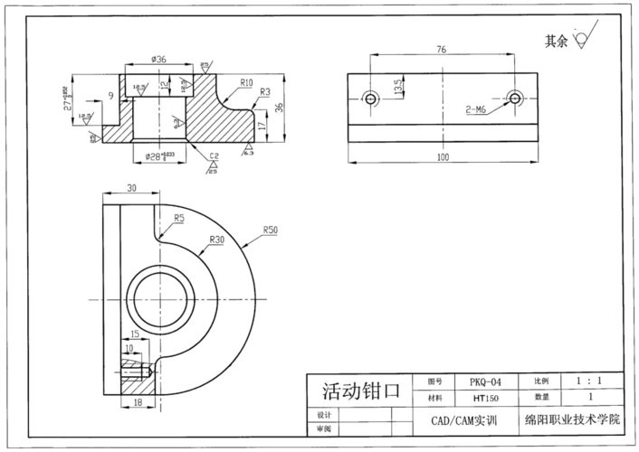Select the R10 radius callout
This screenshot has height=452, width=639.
click(246, 82)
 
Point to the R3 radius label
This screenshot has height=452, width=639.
click(265, 91)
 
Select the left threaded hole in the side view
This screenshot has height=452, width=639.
click(368, 98)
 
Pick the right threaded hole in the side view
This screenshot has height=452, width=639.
click(514, 98)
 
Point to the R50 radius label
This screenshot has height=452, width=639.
click(270, 231)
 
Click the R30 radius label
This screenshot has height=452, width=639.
click(216, 240)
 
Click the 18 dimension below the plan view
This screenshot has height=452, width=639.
click(138, 401)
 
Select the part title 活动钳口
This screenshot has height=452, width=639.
click(360, 391)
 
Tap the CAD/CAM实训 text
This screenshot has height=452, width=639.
click(467, 421)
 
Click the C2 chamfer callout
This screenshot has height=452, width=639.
click(215, 155)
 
